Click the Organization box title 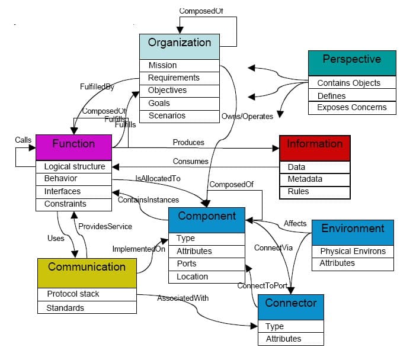click(179, 43)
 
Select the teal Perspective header click(351, 59)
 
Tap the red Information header click(315, 144)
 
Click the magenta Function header click(73, 144)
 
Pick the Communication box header click(87, 267)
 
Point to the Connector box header click(290, 303)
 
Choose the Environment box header click(353, 229)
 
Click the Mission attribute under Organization click(162, 65)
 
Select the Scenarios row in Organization click(167, 115)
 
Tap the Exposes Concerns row click(351, 108)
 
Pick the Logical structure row click(74, 167)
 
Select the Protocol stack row click(73, 294)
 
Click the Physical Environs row click(353, 251)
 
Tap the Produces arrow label click(188, 143)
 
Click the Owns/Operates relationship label click(247, 117)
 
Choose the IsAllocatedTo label click(158, 178)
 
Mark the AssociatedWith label click(183, 298)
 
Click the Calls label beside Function click(23, 140)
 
